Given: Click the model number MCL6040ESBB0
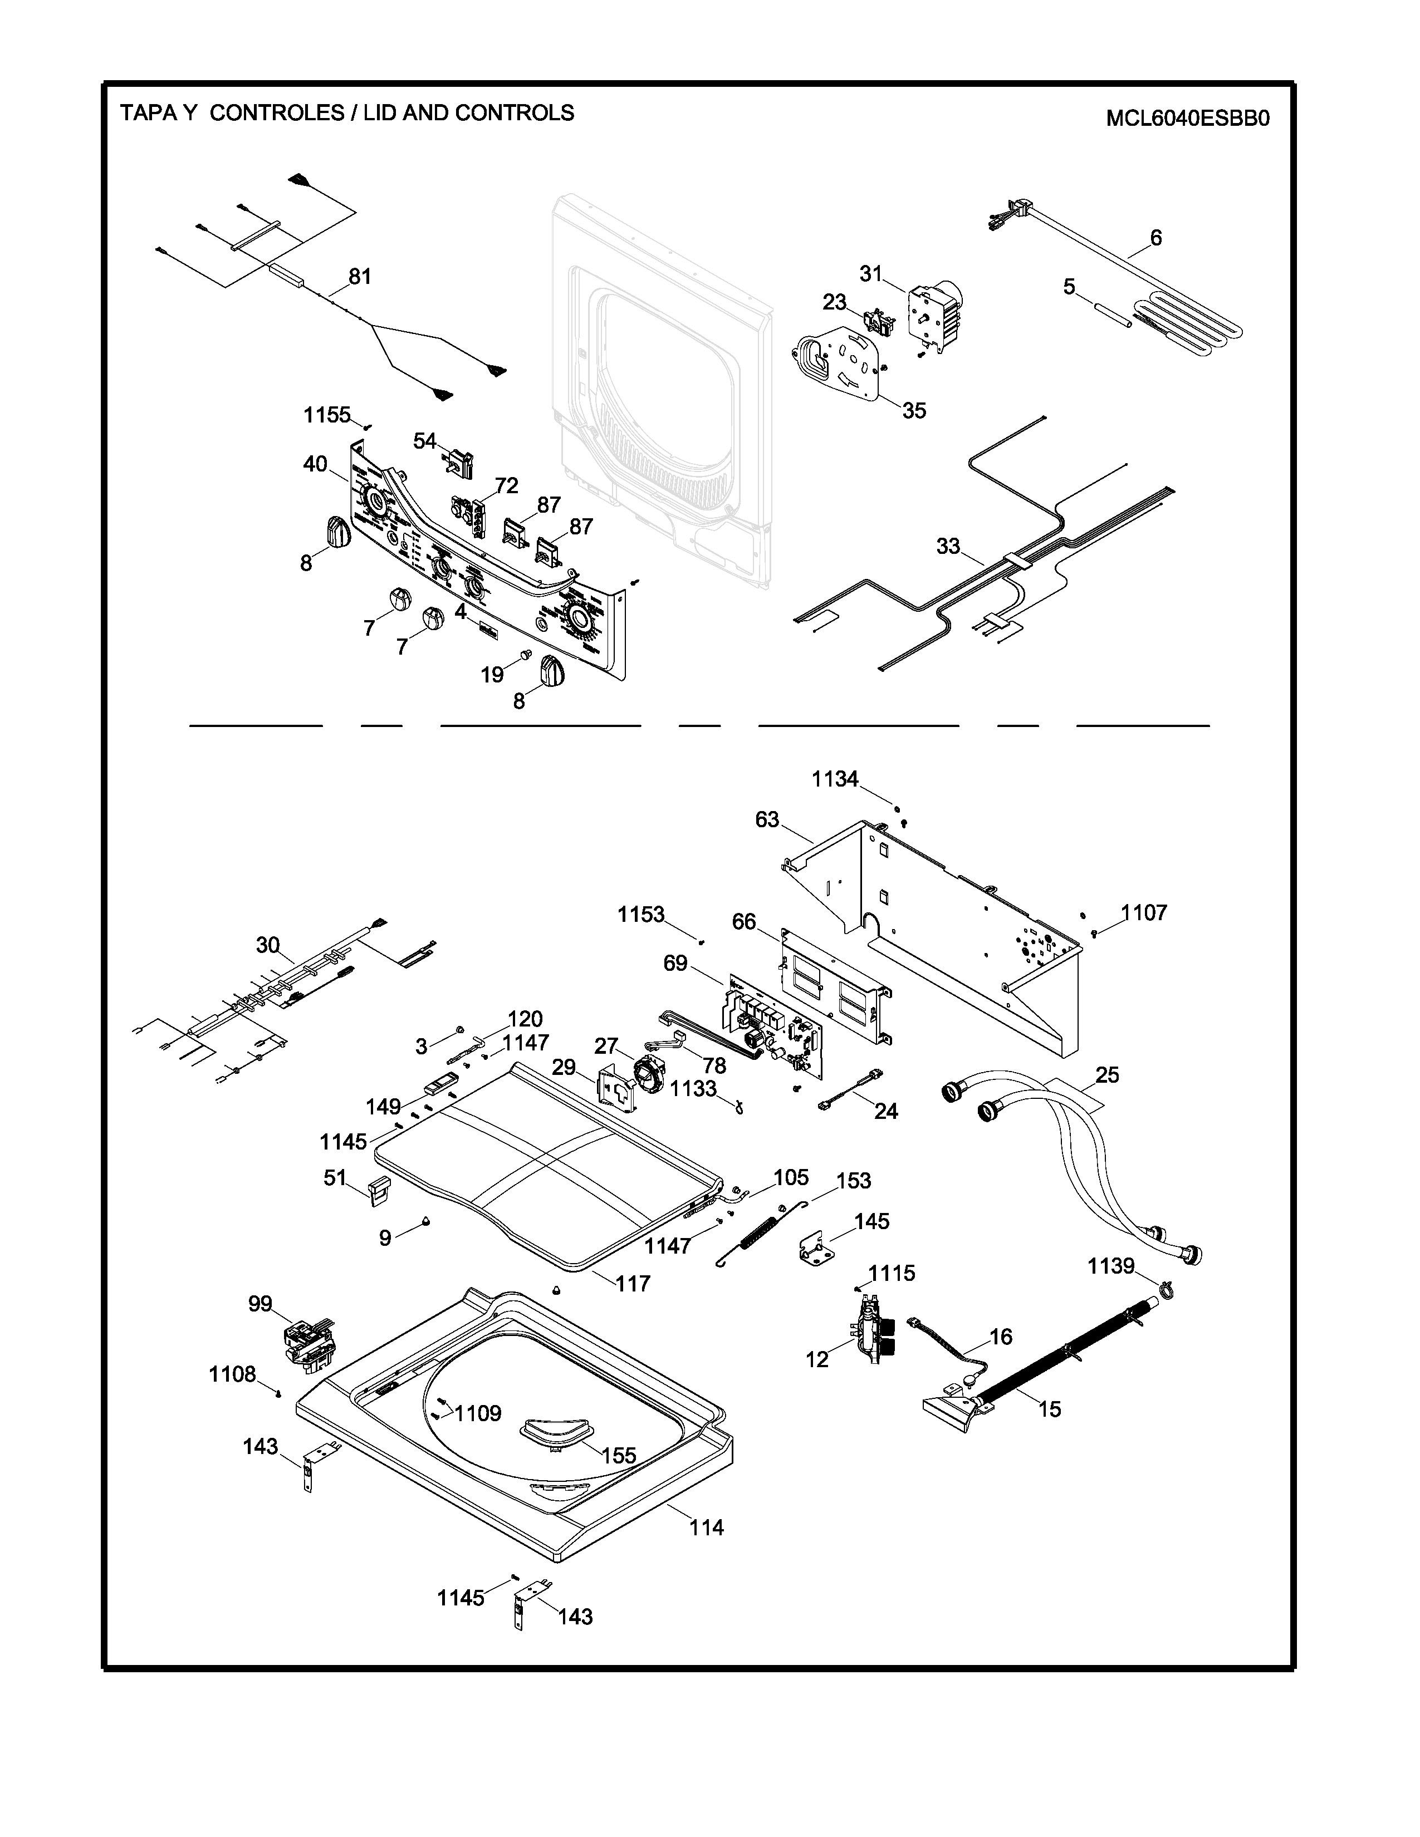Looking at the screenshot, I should pyautogui.click(x=1187, y=119).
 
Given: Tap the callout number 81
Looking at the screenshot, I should pyautogui.click(x=360, y=277).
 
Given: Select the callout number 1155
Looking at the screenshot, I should pyautogui.click(x=327, y=415).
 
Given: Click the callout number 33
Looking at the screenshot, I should pyautogui.click(x=948, y=546).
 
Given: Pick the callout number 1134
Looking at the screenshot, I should pyautogui.click(x=835, y=780).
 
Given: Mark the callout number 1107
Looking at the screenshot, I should pyautogui.click(x=1144, y=912).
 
